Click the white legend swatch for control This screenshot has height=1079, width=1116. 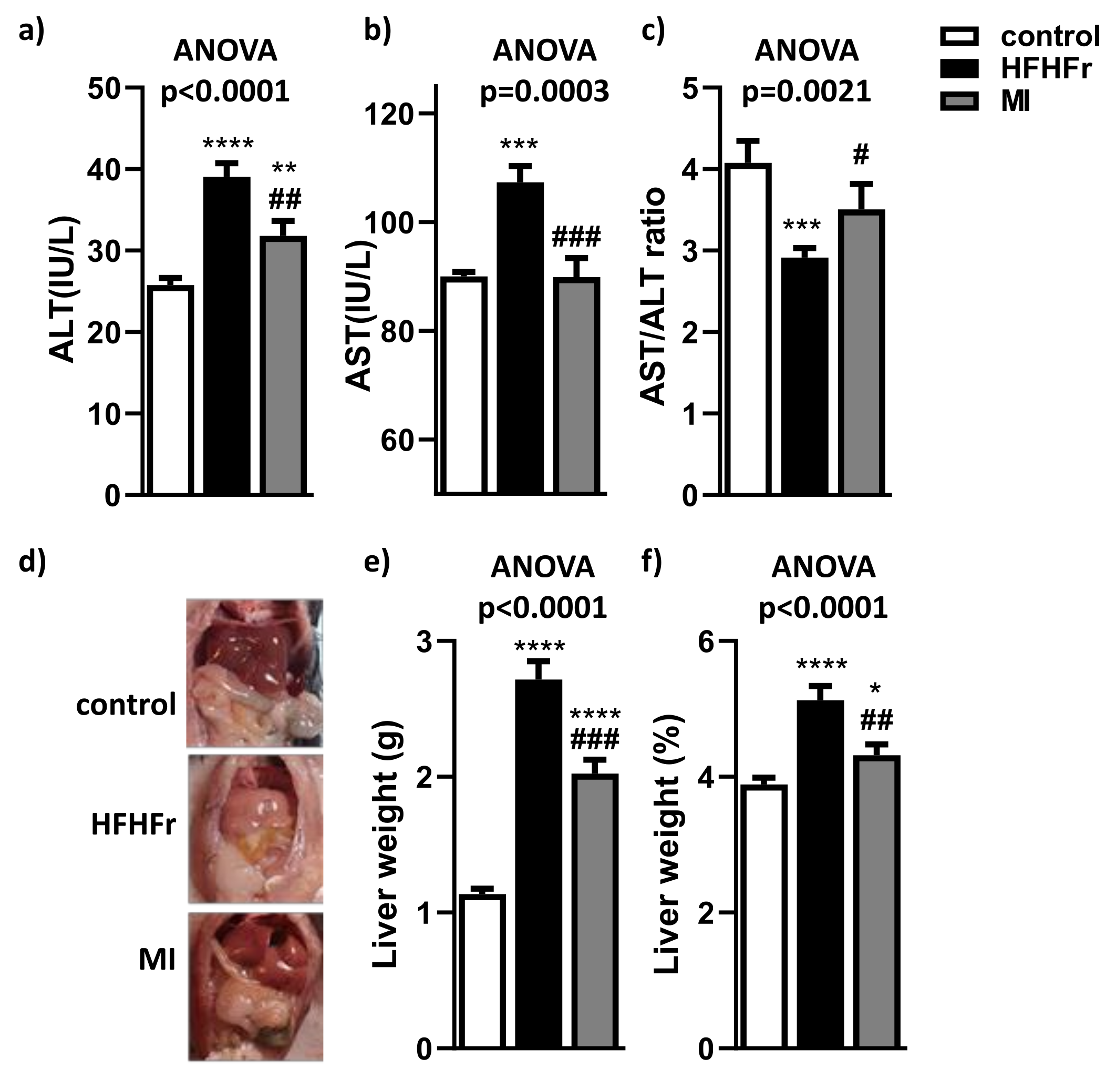click(959, 36)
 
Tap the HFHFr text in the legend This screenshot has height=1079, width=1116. click(1046, 69)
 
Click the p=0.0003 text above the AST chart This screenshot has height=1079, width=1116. click(544, 91)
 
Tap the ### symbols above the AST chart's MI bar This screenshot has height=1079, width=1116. click(576, 237)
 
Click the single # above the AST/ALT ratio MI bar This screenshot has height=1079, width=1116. click(861, 155)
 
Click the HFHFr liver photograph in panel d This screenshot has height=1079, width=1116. click(255, 829)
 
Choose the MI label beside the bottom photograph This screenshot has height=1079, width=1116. click(157, 960)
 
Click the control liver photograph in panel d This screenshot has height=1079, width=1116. click(255, 673)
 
